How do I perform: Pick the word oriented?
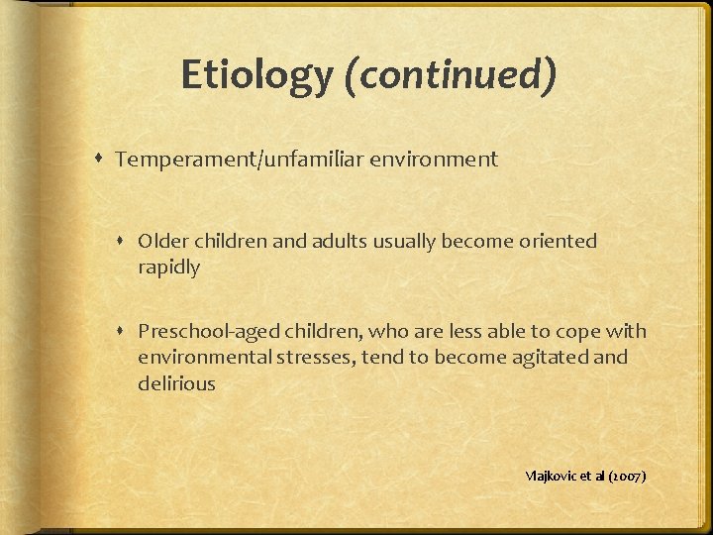[x=559, y=241]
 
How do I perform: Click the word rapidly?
[x=169, y=267]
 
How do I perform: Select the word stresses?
[x=307, y=357]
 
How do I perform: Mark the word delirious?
[x=176, y=383]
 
